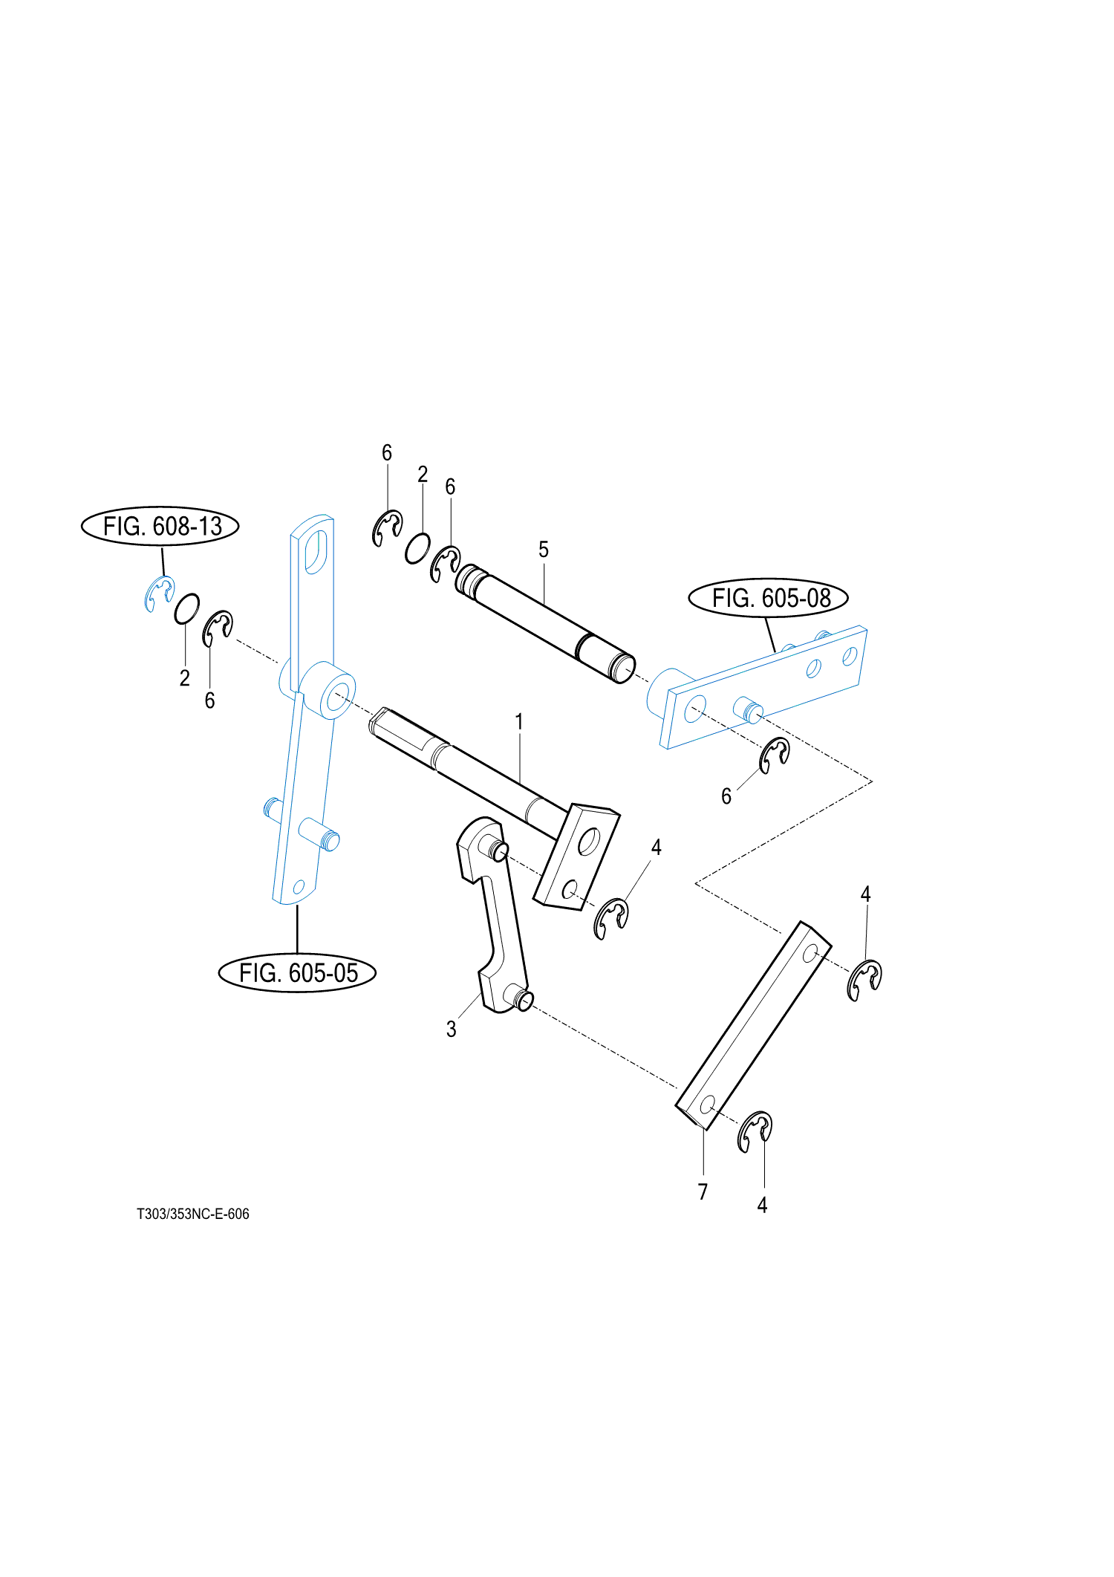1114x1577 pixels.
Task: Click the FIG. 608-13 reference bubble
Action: (x=160, y=526)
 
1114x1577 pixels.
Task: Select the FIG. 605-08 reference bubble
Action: (x=768, y=597)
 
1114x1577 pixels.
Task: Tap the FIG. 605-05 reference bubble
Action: (x=297, y=972)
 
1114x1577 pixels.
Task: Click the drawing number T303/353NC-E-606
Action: (x=193, y=1214)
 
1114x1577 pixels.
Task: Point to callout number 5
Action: (x=544, y=550)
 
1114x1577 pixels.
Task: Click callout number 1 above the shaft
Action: (x=519, y=721)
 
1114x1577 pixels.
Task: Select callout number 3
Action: (x=451, y=1029)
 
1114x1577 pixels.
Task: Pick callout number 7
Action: (x=703, y=1191)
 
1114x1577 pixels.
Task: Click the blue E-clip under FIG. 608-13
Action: (x=159, y=594)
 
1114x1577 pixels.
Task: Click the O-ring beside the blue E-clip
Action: (x=186, y=609)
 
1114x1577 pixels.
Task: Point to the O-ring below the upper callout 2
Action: (x=417, y=548)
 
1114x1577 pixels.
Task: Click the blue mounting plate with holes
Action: (x=765, y=687)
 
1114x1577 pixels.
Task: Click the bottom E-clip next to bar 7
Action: (x=755, y=1131)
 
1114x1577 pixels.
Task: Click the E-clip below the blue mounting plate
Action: (x=774, y=755)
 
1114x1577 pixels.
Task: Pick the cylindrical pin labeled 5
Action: (x=546, y=624)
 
